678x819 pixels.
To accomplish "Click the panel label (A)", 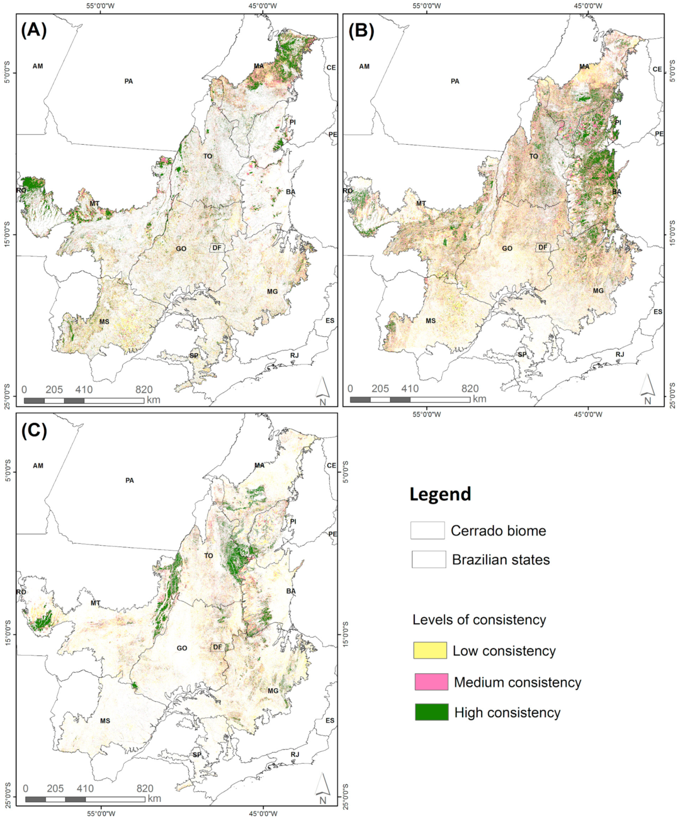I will click(34, 31).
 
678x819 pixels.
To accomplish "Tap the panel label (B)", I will click(361, 31).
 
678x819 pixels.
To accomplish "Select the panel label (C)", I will click(34, 431).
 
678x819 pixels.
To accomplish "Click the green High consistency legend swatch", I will click(431, 712).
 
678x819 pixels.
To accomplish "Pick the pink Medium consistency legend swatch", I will click(431, 681).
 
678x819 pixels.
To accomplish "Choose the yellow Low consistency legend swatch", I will click(430, 650).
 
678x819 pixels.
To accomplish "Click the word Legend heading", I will click(440, 494).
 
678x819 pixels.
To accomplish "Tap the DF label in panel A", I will click(217, 248).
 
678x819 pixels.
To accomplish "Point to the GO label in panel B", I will click(507, 248).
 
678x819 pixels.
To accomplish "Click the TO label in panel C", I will click(208, 555).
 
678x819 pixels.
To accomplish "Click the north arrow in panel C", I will click(322, 788).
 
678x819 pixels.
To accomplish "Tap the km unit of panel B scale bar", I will click(479, 399).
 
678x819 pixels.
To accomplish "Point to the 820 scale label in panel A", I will click(144, 389).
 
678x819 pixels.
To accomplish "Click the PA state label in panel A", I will click(129, 81).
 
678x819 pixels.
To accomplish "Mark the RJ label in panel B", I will click(620, 354).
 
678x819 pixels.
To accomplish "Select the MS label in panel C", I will click(105, 720).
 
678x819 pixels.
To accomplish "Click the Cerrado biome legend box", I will click(427, 530).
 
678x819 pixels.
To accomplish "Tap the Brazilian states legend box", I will click(429, 559).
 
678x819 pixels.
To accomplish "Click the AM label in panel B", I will click(364, 66).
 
